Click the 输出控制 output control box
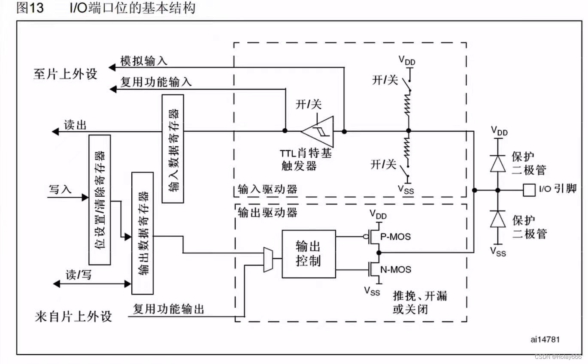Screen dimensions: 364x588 click(309, 254)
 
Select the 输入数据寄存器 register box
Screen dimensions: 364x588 click(173, 148)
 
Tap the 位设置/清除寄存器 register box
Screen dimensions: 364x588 click(100, 200)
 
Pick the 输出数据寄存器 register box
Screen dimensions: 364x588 click(142, 233)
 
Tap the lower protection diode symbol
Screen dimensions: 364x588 click(498, 219)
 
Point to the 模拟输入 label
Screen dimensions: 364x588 click(143, 62)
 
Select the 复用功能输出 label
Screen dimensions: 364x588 click(169, 309)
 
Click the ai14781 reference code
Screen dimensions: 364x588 click(545, 340)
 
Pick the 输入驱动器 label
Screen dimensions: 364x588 click(267, 189)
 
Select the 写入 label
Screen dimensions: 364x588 click(60, 189)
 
